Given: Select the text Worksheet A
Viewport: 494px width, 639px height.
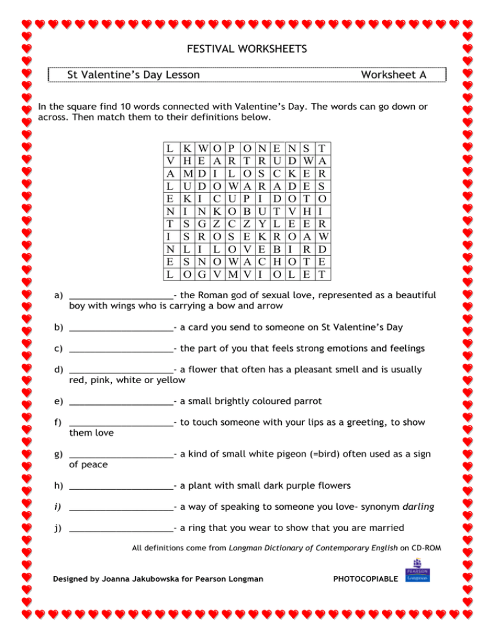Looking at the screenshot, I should pos(393,75).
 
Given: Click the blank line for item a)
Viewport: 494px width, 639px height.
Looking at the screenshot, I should pos(121,296).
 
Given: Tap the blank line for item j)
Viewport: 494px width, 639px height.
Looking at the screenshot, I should pos(121,529).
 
